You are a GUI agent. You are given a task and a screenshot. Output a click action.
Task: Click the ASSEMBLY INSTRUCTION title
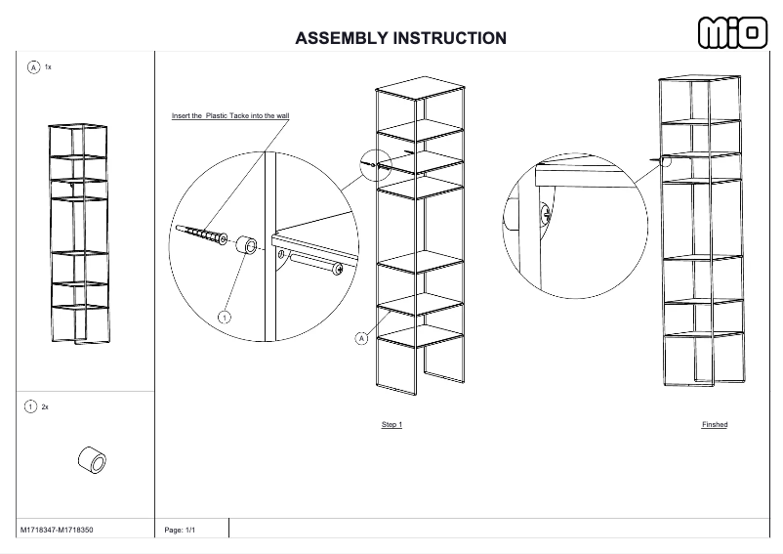coord(400,38)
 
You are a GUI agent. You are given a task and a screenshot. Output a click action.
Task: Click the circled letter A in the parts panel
coord(33,67)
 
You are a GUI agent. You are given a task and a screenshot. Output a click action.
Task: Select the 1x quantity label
coord(49,67)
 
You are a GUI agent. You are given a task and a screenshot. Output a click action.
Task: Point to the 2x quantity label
coord(45,406)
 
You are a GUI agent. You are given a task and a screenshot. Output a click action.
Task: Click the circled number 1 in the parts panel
coord(30,406)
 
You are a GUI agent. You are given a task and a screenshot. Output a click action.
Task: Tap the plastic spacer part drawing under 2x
coord(92,458)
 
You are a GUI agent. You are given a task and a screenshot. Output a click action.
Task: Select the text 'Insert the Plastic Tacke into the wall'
coord(230,115)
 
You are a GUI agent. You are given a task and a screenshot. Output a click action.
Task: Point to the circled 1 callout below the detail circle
coord(225,317)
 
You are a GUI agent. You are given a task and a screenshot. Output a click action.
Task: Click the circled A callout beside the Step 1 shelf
coord(361,338)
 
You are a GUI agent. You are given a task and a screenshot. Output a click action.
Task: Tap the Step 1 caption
coord(391,425)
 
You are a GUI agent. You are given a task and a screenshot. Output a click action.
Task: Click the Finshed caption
coord(715,425)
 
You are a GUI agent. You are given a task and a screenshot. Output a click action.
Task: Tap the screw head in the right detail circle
coord(546,212)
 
